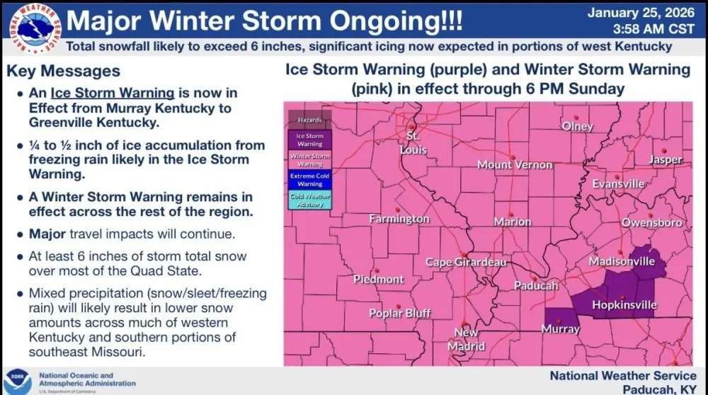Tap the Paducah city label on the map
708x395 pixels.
(537, 286)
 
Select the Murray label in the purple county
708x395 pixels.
(560, 329)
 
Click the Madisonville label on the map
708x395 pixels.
(622, 262)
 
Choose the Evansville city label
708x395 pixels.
(619, 184)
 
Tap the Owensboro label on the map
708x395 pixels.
(651, 222)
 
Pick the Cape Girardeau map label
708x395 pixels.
(466, 262)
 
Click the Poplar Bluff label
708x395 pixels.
(399, 313)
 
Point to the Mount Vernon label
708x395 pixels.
(515, 164)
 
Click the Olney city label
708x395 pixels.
(577, 126)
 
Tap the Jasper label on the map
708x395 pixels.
(665, 160)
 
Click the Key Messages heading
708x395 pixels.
(63, 71)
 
